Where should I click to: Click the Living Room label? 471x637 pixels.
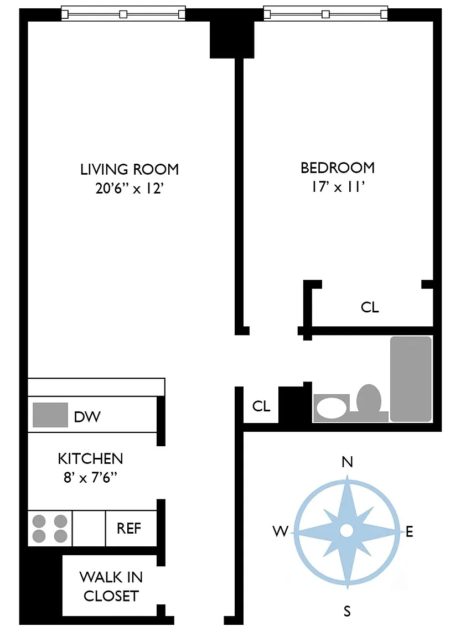coord(130,169)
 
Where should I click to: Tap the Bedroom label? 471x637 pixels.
coord(338,168)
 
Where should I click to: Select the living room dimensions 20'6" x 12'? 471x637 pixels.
coord(130,189)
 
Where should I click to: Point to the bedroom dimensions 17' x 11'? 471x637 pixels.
coord(338,187)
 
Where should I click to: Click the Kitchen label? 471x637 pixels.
coord(90,458)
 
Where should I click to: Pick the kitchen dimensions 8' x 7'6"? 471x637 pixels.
coord(90,477)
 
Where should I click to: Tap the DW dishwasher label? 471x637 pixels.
coord(87,417)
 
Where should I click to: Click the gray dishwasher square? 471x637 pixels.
coord(50,415)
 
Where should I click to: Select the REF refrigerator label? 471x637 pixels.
coord(129,528)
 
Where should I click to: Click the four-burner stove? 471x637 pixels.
coord(50,529)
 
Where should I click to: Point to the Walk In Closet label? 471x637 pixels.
coord(111,587)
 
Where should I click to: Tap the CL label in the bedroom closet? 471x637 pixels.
coord(370,307)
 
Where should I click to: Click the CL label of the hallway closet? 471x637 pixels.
coord(261,406)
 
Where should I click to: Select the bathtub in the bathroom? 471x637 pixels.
coord(411,379)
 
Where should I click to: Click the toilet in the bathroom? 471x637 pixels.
coord(369,400)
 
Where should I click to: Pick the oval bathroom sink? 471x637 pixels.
coord(332,408)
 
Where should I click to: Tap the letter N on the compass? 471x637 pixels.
coord(347,462)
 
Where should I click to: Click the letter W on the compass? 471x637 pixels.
coord(281,531)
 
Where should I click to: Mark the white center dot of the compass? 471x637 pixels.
coord(346,530)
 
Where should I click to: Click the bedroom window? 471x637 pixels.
coord(325,14)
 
